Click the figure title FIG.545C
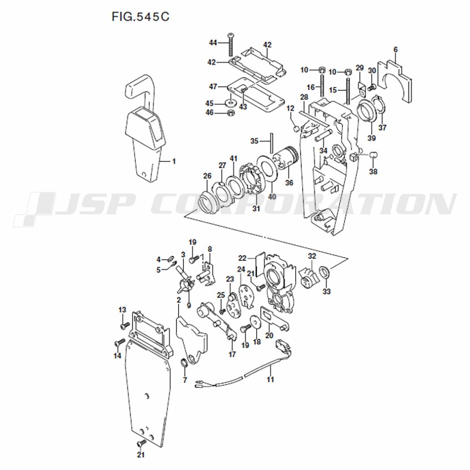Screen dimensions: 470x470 141,17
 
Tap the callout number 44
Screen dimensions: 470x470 213,43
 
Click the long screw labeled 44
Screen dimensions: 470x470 231,45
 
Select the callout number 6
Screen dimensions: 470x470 396,50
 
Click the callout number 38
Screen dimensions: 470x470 373,172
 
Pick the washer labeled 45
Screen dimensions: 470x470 230,104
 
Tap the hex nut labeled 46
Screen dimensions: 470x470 231,113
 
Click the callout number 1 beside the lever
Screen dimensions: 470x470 174,161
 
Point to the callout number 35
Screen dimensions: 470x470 254,141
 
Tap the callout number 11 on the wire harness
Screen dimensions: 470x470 270,379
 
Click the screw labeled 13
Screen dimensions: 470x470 125,325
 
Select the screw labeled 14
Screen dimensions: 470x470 119,342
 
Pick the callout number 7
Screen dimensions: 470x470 185,380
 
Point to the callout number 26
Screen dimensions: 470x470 207,176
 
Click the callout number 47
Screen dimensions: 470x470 213,86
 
